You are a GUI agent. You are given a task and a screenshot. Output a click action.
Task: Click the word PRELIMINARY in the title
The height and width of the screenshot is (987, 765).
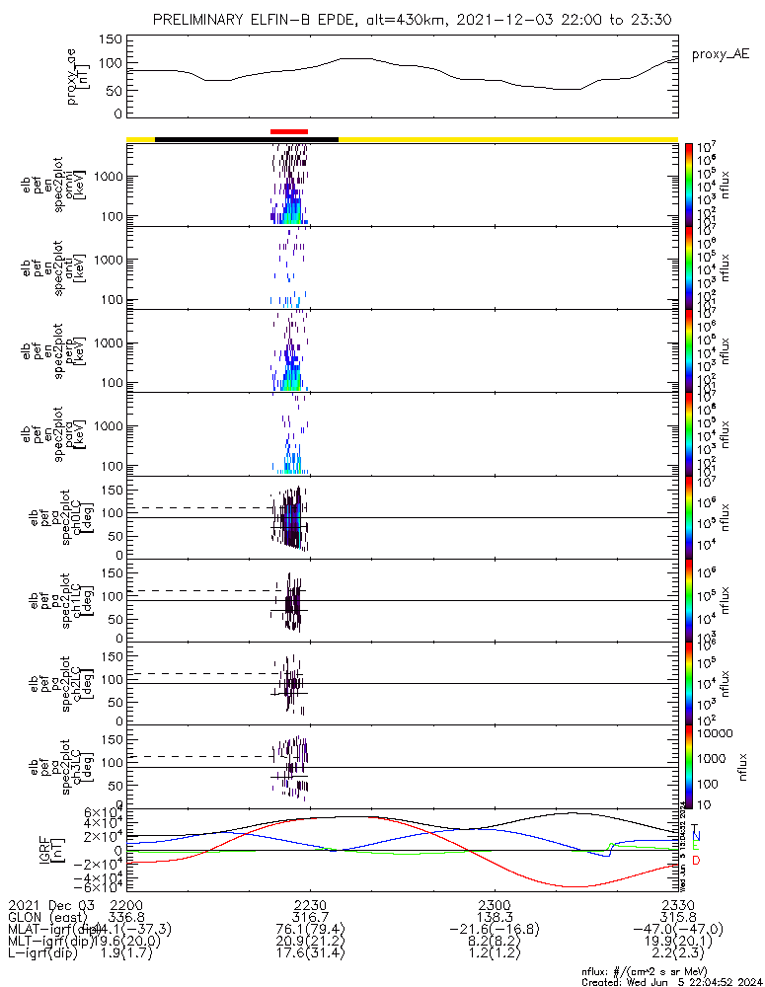201,20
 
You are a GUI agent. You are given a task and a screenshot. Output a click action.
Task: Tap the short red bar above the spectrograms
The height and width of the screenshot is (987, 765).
288,131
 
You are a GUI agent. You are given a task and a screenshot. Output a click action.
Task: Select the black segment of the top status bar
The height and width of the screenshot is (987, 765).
247,139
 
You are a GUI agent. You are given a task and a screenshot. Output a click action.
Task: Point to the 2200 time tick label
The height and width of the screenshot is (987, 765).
126,903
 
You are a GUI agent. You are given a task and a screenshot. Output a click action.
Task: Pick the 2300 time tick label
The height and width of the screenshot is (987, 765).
494,903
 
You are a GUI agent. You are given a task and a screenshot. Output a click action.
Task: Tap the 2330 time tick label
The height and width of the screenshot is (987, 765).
677,903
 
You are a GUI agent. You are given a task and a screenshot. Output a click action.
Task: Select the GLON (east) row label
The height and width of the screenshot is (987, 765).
43,916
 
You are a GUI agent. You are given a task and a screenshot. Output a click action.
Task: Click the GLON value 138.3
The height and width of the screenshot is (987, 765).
494,916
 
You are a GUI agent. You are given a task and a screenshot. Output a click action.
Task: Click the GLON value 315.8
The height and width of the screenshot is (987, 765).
677,916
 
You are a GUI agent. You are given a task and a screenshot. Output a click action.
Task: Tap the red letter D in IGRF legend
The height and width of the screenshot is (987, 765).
696,862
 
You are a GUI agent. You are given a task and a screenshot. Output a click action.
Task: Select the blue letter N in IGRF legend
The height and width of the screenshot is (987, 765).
696,836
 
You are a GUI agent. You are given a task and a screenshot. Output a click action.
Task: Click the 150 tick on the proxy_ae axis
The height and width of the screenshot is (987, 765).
111,39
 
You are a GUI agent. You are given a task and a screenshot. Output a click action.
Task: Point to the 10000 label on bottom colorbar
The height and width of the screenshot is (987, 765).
714,734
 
